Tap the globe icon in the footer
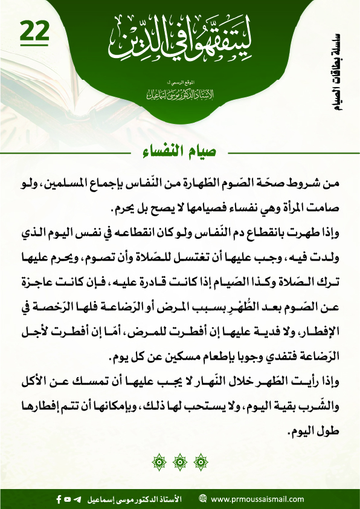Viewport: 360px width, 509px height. click(203, 499)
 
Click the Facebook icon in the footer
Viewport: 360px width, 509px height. click(58, 499)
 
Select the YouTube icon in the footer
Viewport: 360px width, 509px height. click(68, 499)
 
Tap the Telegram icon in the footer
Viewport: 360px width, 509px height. click(77, 499)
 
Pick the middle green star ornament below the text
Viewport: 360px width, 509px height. click(179, 464)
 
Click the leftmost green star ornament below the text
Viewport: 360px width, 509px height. click(160, 464)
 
